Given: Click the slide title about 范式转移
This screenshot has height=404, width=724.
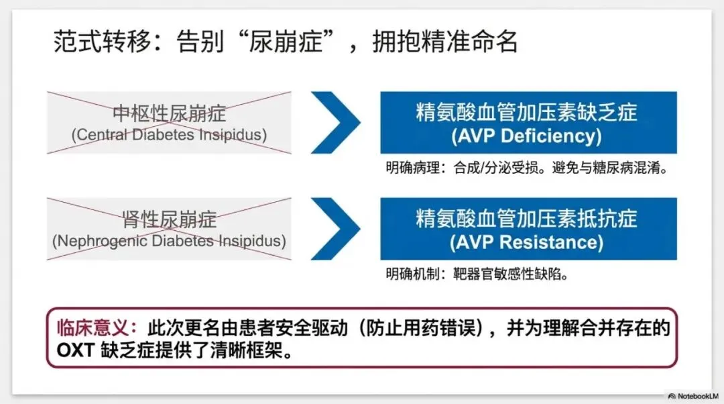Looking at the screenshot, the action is click(x=286, y=42).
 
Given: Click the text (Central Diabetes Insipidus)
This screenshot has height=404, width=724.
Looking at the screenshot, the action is click(x=169, y=135).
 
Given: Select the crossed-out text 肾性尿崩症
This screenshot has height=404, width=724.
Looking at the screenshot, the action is click(x=169, y=219).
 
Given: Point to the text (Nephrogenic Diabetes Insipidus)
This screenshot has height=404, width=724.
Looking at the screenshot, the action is click(x=169, y=240).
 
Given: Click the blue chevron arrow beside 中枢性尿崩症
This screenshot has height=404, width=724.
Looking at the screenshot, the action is click(x=335, y=123).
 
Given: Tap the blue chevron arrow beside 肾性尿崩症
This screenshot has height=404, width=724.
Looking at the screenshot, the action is click(x=335, y=229).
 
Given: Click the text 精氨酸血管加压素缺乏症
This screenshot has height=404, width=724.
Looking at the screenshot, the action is click(x=526, y=111).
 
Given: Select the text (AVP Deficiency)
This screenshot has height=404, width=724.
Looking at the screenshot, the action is click(x=526, y=136).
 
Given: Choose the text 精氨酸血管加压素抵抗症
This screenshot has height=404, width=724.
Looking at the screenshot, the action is click(x=526, y=218).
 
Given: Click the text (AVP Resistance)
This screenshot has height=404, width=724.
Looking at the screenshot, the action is click(x=526, y=242).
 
